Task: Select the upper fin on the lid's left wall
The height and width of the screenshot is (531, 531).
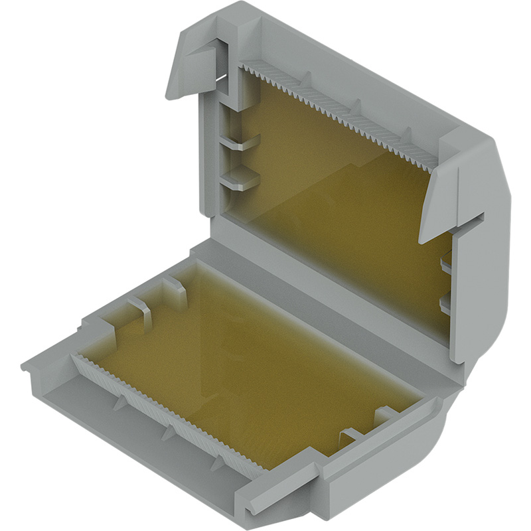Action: (239, 143)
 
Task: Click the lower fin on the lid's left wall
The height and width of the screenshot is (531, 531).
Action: (239, 178)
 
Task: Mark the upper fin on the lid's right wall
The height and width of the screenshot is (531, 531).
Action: (446, 264)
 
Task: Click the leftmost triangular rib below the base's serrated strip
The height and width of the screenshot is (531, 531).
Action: (118, 404)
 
